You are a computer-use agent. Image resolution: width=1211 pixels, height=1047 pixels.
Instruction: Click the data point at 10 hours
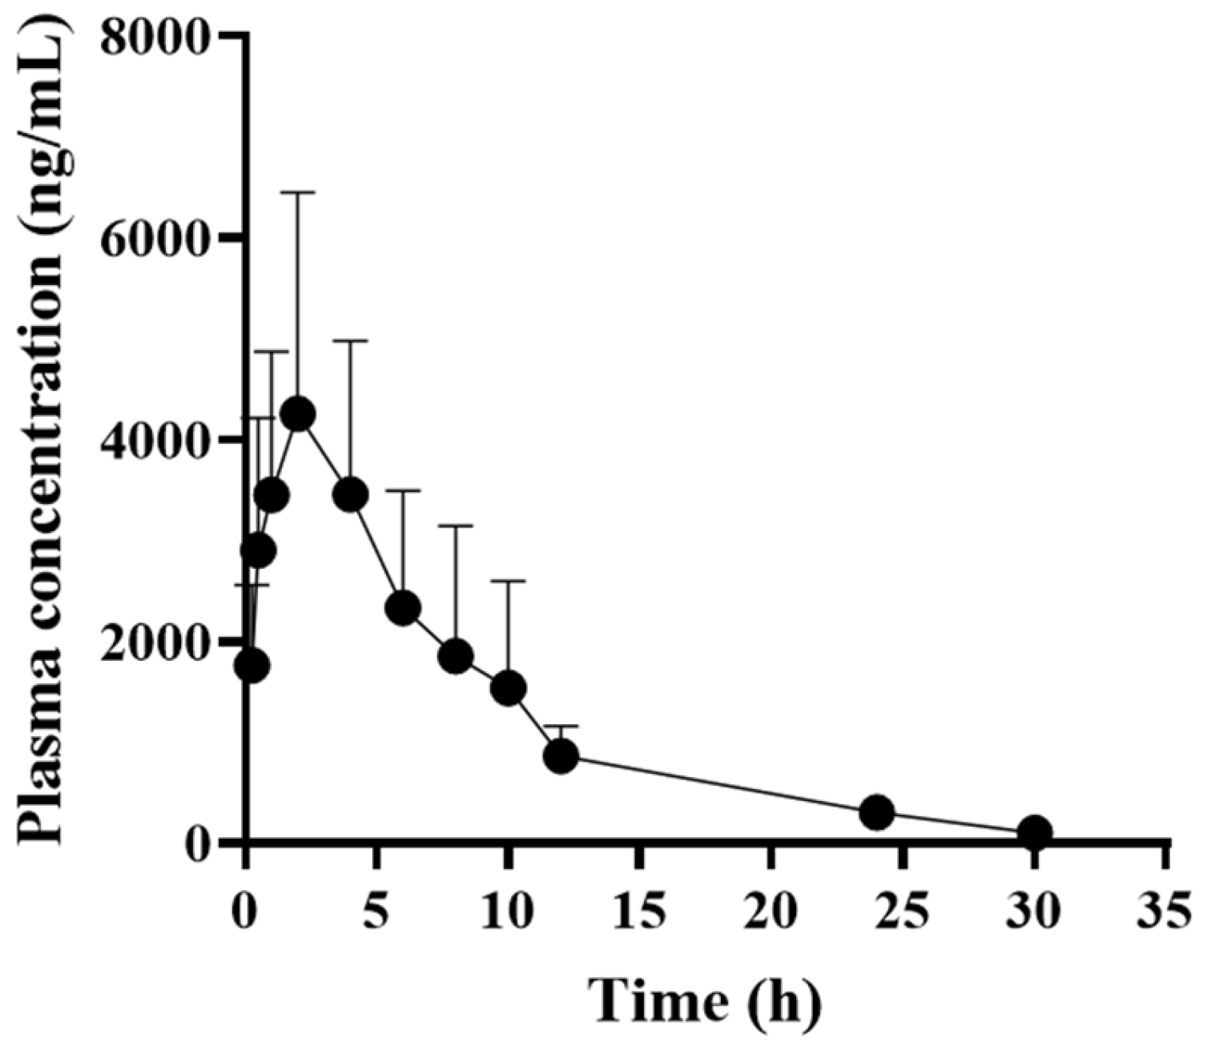point(508,688)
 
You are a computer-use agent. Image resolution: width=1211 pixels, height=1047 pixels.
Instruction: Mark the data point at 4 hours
point(350,495)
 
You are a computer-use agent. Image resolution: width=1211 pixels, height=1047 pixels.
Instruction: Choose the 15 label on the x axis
point(639,911)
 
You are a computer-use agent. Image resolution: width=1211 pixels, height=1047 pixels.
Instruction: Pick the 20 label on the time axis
point(770,911)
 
